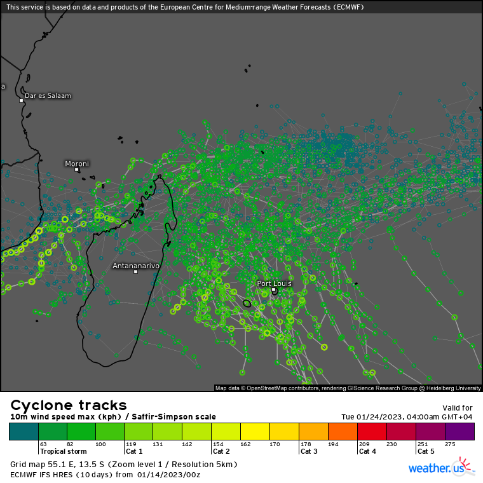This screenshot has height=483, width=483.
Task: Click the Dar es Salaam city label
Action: pos(48,96)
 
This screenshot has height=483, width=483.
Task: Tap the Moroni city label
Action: pos(77,163)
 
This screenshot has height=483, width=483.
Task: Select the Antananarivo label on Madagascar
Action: pos(135,265)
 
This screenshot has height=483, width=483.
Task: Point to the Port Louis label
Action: pos(274,283)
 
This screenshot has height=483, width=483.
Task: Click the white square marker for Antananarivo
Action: pos(135,272)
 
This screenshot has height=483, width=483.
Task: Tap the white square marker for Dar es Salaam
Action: pos(21,100)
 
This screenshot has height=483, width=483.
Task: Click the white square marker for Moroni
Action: pos(77,170)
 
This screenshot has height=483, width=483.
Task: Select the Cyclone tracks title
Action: pos(69,405)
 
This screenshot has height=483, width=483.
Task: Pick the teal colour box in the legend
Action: pos(24,432)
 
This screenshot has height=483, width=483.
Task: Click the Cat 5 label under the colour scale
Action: pos(425,451)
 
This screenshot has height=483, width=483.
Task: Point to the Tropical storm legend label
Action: pos(63,451)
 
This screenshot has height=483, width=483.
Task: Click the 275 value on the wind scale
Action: pos(450,444)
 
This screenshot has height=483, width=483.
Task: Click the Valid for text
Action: pos(458,408)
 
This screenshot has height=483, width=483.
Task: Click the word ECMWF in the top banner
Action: pos(355,7)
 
